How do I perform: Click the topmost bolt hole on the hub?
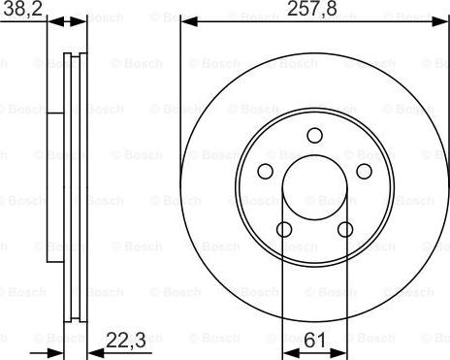[314, 136]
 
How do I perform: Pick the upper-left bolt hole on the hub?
[265, 172]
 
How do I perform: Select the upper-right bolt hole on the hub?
[365, 172]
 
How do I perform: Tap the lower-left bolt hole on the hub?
[284, 230]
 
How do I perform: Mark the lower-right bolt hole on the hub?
[345, 230]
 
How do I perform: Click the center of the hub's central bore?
[314, 187]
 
